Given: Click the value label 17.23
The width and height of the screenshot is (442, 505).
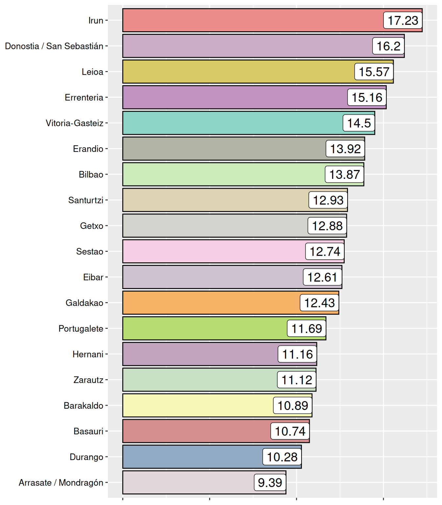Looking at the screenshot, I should pyautogui.click(x=403, y=20).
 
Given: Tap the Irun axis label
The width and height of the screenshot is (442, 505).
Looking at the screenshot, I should pyautogui.click(x=96, y=20).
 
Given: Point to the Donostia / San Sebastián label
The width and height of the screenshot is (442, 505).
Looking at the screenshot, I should pyautogui.click(x=54, y=46).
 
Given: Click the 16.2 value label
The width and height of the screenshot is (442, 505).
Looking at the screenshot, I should pyautogui.click(x=388, y=46).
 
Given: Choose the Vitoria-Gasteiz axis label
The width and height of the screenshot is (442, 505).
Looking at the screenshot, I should pyautogui.click(x=75, y=123).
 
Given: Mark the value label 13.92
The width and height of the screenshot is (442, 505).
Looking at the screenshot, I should pyautogui.click(x=345, y=149).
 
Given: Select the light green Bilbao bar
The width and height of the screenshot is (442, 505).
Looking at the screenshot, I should pyautogui.click(x=224, y=174).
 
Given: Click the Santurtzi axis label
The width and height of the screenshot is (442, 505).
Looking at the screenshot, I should pyautogui.click(x=86, y=200).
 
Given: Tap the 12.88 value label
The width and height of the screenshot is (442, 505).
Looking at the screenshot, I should pyautogui.click(x=327, y=226).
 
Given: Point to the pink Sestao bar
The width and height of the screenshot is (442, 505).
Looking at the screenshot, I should pyautogui.click(x=214, y=252).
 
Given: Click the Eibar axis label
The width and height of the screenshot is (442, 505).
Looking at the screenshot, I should pyautogui.click(x=93, y=277).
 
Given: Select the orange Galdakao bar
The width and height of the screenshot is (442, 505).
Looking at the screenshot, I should pyautogui.click(x=210, y=303).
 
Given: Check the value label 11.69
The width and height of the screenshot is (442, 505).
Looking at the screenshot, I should pyautogui.click(x=307, y=328).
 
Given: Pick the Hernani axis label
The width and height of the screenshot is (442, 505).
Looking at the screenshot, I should pyautogui.click(x=88, y=354).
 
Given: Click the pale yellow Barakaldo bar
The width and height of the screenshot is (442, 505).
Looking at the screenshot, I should pyautogui.click(x=197, y=405).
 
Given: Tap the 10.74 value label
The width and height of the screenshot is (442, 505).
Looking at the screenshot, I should pyautogui.click(x=290, y=431).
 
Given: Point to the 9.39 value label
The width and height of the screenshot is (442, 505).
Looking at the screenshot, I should pyautogui.click(x=270, y=482).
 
